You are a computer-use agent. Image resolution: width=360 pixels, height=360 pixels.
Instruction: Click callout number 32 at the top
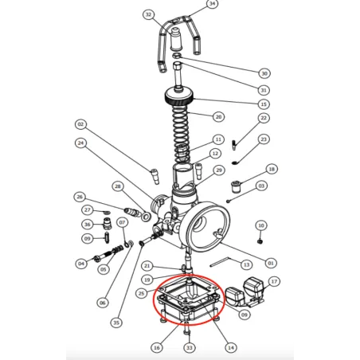[x=148, y=14]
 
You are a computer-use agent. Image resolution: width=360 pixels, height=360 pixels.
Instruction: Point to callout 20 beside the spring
[x=217, y=116]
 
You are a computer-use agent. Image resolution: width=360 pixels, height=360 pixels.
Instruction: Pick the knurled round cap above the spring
[x=179, y=100]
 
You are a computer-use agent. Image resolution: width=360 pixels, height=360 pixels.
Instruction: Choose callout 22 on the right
[x=264, y=118]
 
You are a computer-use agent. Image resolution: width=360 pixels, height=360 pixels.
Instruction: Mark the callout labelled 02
[x=80, y=124]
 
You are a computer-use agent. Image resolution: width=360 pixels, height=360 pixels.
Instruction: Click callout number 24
[x=80, y=143]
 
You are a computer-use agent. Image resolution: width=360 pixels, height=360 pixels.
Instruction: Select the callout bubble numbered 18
[x=272, y=170]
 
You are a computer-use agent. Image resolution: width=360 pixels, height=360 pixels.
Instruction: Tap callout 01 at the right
[x=270, y=263]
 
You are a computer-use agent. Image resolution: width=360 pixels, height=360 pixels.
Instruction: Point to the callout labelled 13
[x=246, y=264]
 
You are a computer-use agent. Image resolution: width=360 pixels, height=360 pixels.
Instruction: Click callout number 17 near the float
[x=274, y=281]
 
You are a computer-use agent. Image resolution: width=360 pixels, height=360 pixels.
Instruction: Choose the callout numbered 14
[x=231, y=347]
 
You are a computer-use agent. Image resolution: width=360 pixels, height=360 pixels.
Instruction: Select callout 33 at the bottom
[x=189, y=347]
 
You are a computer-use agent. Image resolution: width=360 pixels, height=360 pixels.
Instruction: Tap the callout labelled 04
[x=80, y=264]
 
